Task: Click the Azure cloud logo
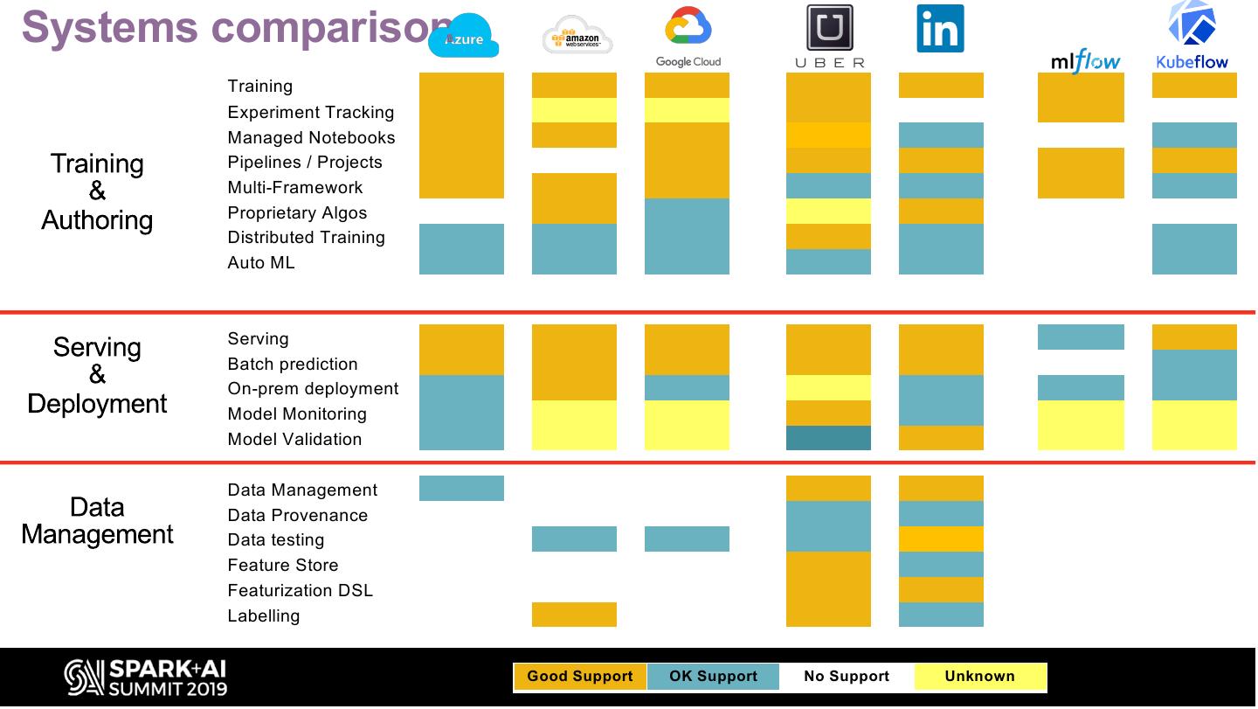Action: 463,37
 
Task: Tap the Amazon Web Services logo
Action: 577,36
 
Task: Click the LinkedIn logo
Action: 940,29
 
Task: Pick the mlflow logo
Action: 1085,61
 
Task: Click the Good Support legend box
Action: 580,677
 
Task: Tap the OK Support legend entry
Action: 713,677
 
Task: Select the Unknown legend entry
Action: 979,677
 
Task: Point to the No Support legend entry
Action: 846,677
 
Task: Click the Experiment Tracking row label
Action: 310,112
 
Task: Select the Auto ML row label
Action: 260,262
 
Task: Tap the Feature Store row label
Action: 282,566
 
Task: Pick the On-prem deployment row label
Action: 313,389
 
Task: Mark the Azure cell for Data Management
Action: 461,489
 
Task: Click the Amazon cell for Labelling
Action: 574,615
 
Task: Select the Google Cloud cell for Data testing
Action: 687,539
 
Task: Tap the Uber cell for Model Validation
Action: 828,438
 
